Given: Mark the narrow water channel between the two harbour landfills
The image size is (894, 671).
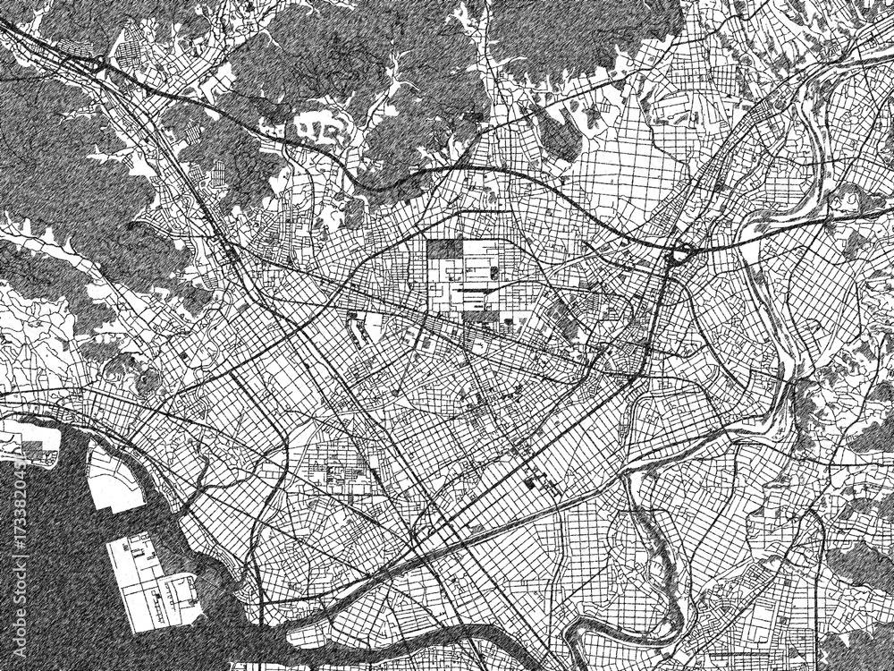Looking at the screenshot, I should [x=107, y=523].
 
